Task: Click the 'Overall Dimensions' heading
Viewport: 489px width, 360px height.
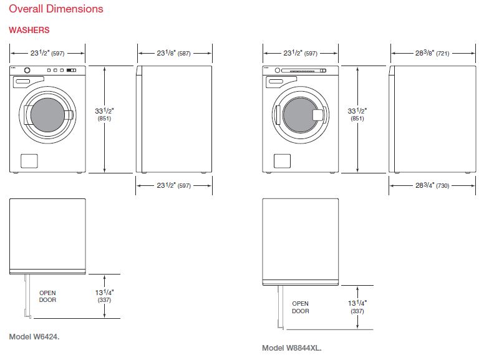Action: click(56, 9)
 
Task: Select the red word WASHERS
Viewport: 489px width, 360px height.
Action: click(29, 30)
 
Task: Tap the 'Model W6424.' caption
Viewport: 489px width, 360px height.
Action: click(34, 337)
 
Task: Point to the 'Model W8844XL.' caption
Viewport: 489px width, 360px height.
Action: click(292, 348)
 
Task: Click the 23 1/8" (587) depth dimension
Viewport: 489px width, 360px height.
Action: click(173, 53)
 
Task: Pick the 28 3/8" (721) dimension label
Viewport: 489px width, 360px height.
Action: click(432, 53)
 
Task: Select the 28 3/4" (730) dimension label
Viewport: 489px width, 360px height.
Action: click(432, 185)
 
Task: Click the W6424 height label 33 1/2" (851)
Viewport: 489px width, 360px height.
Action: click(104, 114)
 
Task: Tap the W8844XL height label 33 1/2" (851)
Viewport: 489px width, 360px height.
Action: click(357, 114)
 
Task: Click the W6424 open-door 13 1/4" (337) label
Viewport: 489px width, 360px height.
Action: click(104, 296)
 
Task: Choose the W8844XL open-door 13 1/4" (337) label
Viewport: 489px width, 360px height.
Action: click(357, 307)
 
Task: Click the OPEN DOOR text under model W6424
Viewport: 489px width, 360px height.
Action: click(47, 296)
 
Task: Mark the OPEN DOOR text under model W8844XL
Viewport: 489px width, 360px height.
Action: click(301, 307)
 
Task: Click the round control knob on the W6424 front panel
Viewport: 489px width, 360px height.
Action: click(27, 70)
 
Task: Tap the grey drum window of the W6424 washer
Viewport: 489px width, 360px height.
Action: click(47, 115)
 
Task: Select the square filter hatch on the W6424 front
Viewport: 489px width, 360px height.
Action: click(29, 161)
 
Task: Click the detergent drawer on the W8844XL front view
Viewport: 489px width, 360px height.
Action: click(279, 82)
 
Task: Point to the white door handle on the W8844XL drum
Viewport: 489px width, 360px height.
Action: click(318, 115)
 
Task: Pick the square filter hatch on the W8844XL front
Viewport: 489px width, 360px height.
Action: click(282, 161)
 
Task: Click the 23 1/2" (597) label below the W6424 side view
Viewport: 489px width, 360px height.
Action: click(173, 185)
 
